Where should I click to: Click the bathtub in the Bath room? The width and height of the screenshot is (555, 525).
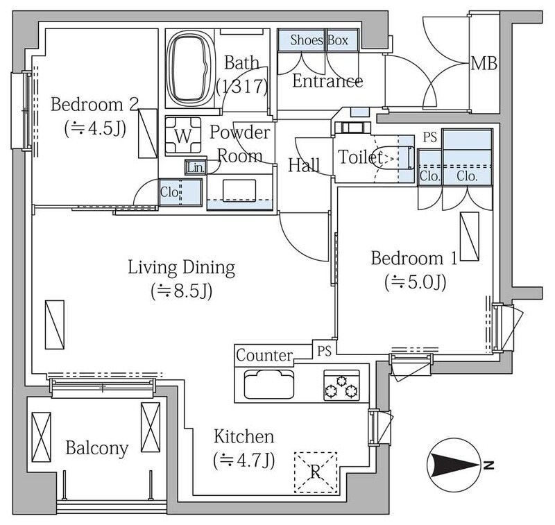[190, 68]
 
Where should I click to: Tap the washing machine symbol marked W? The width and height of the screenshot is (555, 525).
[183, 136]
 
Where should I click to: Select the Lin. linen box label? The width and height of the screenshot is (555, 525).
[196, 167]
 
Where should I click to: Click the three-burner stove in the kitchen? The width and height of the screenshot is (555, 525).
[341, 386]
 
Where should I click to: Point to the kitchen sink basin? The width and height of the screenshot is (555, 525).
[269, 384]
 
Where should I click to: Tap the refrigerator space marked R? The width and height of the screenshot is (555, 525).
[316, 472]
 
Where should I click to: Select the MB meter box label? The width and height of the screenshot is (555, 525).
[484, 63]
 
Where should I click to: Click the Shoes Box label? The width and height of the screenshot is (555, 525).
[319, 40]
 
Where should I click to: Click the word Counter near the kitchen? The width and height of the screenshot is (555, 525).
[264, 355]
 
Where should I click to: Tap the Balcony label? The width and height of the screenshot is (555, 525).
[96, 448]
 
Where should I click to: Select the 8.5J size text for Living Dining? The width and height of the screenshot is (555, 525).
[182, 291]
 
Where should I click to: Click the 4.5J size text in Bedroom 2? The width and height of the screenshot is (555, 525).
[95, 129]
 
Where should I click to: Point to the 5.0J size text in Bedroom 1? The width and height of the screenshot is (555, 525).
[415, 282]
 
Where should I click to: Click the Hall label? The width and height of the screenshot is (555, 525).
[304, 165]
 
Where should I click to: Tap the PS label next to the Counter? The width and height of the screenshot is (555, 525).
[324, 351]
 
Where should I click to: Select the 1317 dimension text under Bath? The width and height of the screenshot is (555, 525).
[242, 87]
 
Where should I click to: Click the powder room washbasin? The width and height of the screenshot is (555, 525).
[239, 191]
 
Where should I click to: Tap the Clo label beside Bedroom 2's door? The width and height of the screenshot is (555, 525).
[169, 192]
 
